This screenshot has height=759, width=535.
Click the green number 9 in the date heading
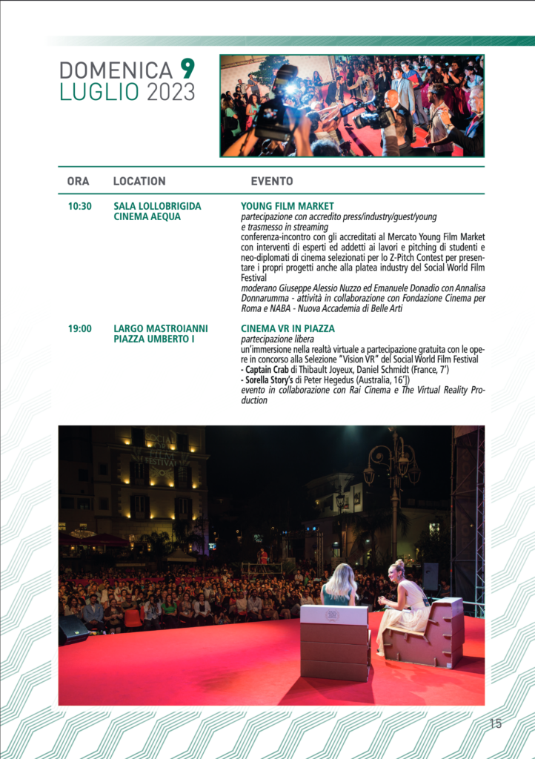188,69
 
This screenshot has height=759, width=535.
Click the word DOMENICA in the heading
116,70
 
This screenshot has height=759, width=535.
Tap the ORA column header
78,181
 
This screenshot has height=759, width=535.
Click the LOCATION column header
139,181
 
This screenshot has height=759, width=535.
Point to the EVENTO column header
272,181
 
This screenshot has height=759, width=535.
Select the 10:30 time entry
79,206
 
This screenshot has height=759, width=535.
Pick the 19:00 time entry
79,328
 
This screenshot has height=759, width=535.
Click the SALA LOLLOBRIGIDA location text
157,206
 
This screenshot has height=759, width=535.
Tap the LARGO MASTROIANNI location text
161,328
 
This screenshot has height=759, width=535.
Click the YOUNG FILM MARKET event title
288,206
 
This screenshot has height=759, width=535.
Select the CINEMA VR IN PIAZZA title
288,328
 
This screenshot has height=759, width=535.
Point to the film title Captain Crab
267,369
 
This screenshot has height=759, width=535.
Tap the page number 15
496,724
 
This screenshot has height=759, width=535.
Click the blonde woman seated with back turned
341,586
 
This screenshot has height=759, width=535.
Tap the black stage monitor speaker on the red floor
73,629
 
